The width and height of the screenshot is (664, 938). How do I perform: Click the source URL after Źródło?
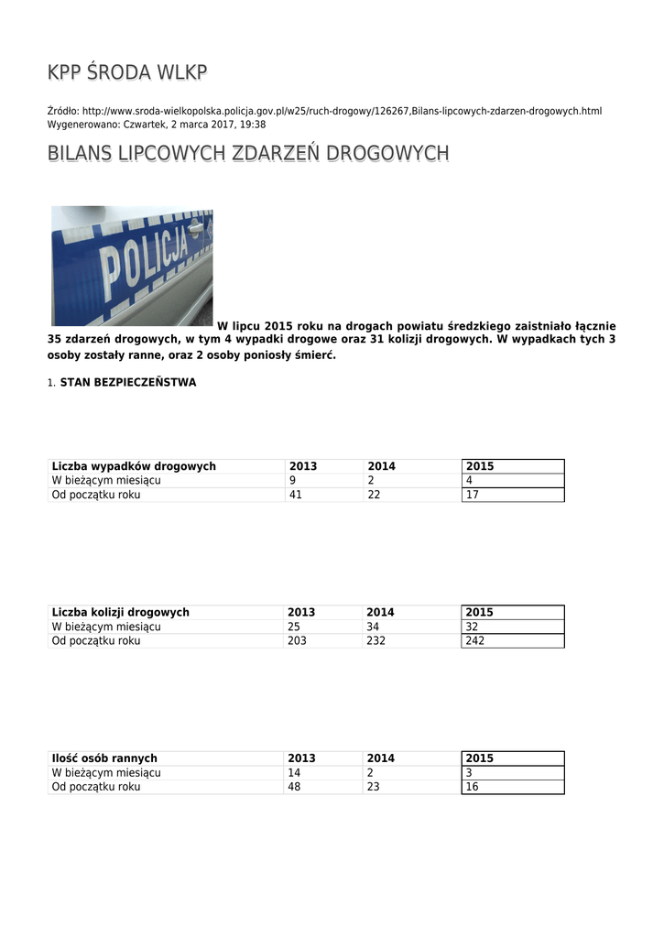click(342, 111)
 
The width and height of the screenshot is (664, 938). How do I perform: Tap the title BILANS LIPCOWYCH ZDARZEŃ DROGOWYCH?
click(247, 153)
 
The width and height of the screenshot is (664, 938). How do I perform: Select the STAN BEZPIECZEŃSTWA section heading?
click(127, 382)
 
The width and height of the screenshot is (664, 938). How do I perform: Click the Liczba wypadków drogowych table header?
click(134, 466)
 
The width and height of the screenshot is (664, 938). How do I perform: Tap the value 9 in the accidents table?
click(292, 480)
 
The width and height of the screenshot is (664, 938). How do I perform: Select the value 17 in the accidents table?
click(473, 495)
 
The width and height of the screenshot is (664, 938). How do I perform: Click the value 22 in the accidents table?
click(374, 495)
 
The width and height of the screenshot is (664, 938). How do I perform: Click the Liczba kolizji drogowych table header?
click(121, 612)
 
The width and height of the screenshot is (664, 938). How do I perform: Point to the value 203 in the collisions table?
click(299, 640)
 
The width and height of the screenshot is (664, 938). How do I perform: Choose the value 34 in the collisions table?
click(374, 627)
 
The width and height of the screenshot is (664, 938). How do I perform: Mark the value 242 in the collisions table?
click(475, 640)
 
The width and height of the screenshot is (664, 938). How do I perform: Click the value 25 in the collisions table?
click(295, 627)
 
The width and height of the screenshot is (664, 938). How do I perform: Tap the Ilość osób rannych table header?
click(104, 758)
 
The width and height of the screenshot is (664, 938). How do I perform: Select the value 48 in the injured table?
click(295, 787)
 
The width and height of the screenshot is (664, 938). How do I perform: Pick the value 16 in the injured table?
click(473, 787)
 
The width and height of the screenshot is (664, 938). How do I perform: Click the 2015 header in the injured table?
click(479, 758)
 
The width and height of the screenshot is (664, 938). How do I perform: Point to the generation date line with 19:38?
click(157, 124)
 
